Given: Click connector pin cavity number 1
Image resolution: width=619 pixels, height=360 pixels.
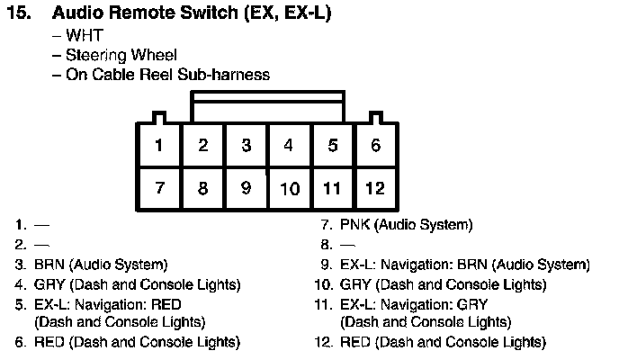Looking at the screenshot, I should [159, 145].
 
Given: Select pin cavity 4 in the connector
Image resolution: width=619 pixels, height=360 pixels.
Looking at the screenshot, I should [289, 145].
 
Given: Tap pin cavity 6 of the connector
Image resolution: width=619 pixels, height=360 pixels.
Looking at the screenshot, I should [375, 145].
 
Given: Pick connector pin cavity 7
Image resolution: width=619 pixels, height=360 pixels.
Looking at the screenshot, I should [159, 188].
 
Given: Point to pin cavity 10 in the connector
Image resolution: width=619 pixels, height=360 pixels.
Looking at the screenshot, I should [289, 188].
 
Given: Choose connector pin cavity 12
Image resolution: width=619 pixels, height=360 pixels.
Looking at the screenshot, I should [375, 188].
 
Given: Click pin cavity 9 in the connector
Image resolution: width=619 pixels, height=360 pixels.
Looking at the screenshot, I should [246, 188].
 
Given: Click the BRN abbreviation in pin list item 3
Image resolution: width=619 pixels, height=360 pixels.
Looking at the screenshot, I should [49, 265].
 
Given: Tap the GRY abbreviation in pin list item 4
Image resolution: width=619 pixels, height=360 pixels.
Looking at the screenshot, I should [49, 284].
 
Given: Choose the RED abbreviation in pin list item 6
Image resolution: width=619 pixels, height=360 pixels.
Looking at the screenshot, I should [49, 342].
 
